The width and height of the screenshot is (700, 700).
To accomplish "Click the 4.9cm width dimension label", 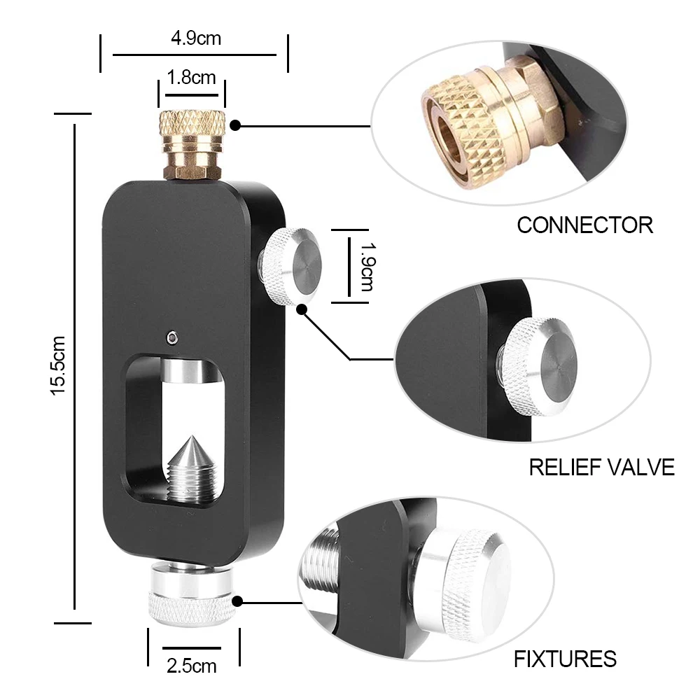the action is point(195,38).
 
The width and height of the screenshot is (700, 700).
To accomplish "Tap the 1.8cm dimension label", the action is point(191,77).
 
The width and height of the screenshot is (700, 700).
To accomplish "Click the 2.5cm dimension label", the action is point(192,666).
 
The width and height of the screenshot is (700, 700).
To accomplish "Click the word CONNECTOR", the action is point(584,225).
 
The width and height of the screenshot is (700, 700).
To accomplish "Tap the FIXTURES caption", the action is point(565,659).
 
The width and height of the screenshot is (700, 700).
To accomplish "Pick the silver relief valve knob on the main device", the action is point(290,265).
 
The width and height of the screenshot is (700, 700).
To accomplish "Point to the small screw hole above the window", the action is point(172,338).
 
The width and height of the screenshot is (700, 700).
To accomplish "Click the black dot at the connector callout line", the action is point(236,126).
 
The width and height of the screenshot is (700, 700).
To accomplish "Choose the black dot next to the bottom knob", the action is point(238,601).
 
